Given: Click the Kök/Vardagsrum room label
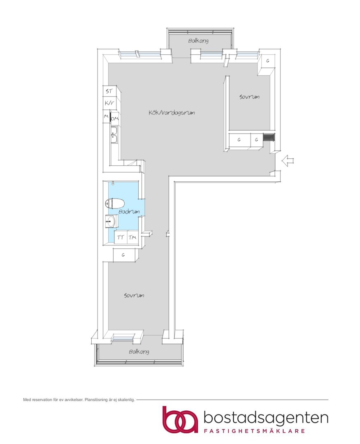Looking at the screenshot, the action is tap(172, 113).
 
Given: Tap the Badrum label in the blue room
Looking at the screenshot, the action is tap(129, 212).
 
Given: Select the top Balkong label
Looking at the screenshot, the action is tap(198, 41).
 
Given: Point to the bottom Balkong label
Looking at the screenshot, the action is tap(139, 351).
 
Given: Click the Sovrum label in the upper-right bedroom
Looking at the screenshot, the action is tap(249, 97).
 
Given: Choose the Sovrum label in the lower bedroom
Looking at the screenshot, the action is tap(134, 295).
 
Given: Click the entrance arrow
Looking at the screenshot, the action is tap(288, 161).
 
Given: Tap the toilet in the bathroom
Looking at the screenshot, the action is tap(115, 203).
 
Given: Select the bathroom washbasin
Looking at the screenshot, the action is tap(111, 221).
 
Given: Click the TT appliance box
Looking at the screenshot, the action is tap(121, 237).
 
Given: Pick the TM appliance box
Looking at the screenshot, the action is tap(132, 237).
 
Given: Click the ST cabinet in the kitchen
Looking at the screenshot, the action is tap(109, 91).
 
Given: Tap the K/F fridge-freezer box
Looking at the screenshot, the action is tap(109, 103).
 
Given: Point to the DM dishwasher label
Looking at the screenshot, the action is tap(114, 119).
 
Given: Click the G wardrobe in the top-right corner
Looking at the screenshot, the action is tap(268, 61).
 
